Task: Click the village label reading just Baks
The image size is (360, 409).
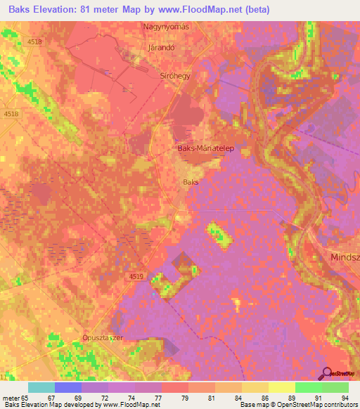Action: pyautogui.click(x=191, y=182)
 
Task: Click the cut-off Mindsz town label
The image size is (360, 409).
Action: pyautogui.click(x=345, y=258)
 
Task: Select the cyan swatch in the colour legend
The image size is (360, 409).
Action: pyautogui.click(x=41, y=387)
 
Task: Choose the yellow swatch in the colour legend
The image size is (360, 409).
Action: pyautogui.click(x=282, y=387)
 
